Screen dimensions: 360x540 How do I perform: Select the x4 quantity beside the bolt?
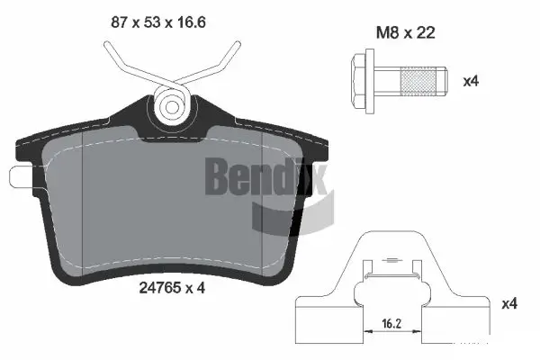[x=470, y=80]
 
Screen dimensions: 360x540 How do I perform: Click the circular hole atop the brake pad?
[x=170, y=106]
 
